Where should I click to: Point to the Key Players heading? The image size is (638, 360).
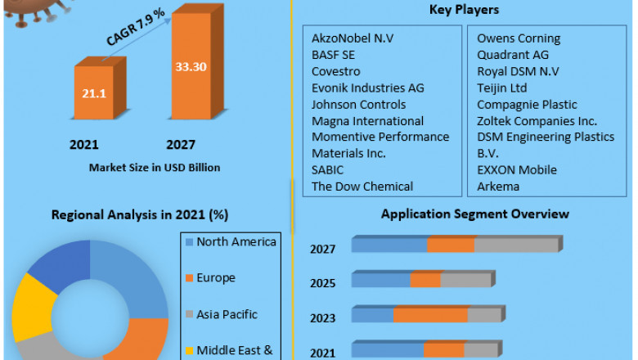pos(464,10)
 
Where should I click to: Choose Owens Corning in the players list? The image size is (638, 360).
pos(519,38)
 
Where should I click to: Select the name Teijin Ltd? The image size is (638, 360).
pos(502,88)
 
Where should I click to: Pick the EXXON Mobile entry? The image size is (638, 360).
pos(517,169)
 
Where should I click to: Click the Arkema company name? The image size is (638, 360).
pos(499,186)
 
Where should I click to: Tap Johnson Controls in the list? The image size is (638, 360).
pos(358,104)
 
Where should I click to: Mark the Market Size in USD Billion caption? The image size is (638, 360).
pos(155,168)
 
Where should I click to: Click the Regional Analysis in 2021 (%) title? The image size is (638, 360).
pos(139,214)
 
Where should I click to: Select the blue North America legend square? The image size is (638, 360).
pos(190,242)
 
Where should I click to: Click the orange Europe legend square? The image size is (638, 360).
pos(190,278)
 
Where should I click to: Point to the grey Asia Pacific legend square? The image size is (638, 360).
pos(190,314)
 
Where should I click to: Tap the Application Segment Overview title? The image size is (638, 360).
pos(474,214)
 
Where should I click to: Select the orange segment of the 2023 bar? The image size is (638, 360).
pos(430,315)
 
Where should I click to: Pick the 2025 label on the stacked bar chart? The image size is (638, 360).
pos(322,284)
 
